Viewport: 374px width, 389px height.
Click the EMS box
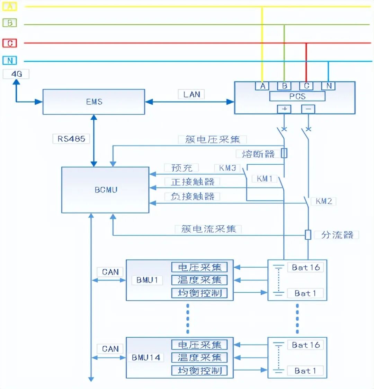pyautogui.click(x=93, y=102)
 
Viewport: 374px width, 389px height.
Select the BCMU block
pyautogui.click(x=105, y=190)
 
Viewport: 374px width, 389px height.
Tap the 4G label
pyautogui.click(x=16, y=74)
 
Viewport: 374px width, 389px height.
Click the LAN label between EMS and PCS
pyautogui.click(x=191, y=94)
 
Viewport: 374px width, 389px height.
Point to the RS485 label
pyautogui.click(x=71, y=139)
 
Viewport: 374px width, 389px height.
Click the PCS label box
pyautogui.click(x=297, y=96)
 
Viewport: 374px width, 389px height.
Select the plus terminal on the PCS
pyautogui.click(x=284, y=109)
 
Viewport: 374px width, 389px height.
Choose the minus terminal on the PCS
pyautogui.click(x=308, y=109)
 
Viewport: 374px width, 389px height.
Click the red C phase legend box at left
pyautogui.click(x=10, y=43)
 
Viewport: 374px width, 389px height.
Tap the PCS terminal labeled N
pyautogui.click(x=328, y=86)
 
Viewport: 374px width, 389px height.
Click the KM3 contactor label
pyautogui.click(x=227, y=168)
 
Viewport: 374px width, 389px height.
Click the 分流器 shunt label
pyautogui.click(x=337, y=235)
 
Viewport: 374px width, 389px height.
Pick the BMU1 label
pyautogui.click(x=147, y=280)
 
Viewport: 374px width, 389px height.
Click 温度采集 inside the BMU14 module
pyautogui.click(x=199, y=357)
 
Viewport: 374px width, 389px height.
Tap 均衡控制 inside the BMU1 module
pyautogui.click(x=199, y=293)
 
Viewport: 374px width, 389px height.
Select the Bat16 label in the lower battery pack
pyautogui.click(x=305, y=345)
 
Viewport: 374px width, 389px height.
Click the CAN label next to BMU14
pyautogui.click(x=110, y=349)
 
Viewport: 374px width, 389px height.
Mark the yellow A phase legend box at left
pyautogui.click(x=10, y=6)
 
